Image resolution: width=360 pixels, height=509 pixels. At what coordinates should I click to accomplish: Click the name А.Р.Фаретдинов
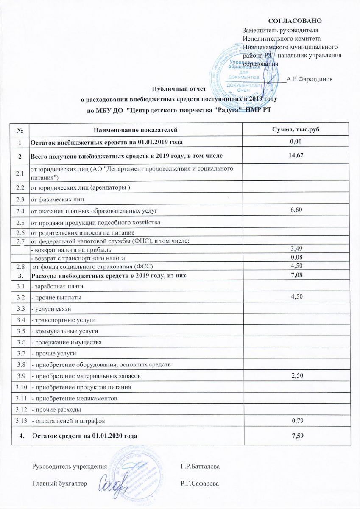coord(310,79)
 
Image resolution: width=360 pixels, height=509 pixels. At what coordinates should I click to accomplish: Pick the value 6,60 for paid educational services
coord(295,210)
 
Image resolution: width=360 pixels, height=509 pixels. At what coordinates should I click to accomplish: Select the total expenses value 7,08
coord(295,276)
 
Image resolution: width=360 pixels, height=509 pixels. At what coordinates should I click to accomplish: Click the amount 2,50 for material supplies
coord(295,376)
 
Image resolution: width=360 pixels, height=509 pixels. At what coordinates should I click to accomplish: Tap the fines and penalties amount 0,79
coord(295,421)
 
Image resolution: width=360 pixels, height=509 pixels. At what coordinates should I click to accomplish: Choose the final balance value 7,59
coord(295,435)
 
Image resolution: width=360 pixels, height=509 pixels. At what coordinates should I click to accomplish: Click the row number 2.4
coord(20,211)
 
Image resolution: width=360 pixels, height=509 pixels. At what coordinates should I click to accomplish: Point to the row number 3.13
coord(20,421)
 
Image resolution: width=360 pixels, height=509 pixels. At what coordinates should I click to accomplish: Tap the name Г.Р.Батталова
coord(200,467)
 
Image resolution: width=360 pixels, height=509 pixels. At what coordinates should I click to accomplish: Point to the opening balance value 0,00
coord(295,141)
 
